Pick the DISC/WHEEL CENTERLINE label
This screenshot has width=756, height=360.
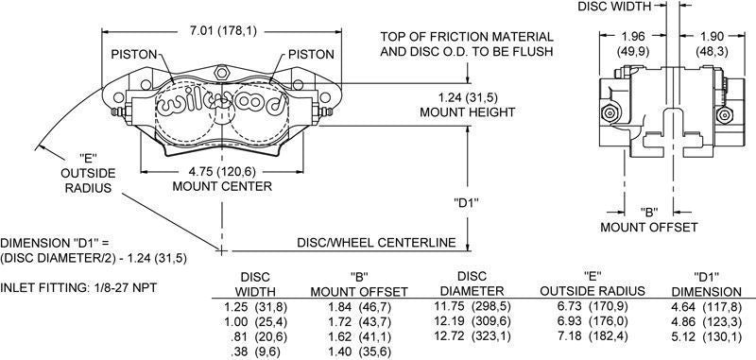(x=383, y=244)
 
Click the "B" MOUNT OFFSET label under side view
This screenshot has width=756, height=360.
(x=649, y=220)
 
